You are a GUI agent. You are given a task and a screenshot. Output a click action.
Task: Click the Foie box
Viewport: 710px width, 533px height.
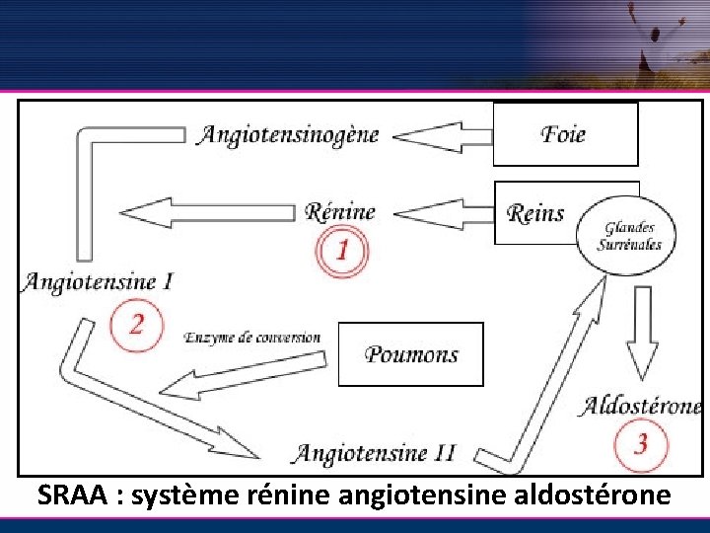pyautogui.click(x=565, y=133)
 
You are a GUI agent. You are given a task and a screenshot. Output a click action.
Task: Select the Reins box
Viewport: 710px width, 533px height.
pyautogui.click(x=537, y=212)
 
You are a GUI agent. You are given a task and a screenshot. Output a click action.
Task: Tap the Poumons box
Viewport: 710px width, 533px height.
pyautogui.click(x=410, y=353)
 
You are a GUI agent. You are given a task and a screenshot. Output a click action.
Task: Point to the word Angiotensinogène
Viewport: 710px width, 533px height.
pyautogui.click(x=288, y=134)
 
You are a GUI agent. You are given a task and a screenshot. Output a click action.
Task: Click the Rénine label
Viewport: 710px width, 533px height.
pyautogui.click(x=340, y=211)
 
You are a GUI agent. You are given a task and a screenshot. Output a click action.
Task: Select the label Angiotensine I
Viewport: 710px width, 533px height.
pyautogui.click(x=98, y=281)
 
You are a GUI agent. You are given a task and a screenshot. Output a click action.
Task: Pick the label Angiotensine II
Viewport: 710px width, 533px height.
pyautogui.click(x=376, y=453)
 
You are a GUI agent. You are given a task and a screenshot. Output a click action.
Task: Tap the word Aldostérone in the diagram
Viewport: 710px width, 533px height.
pyautogui.click(x=641, y=406)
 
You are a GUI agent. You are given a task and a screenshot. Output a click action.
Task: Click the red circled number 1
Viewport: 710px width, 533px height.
pyautogui.click(x=341, y=250)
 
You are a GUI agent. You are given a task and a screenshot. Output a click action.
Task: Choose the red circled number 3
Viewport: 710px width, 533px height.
pyautogui.click(x=640, y=444)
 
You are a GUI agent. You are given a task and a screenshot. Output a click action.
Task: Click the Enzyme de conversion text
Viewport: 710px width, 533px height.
pyautogui.click(x=252, y=338)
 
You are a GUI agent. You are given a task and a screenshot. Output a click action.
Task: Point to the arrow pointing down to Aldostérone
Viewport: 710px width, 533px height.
pyautogui.click(x=643, y=332)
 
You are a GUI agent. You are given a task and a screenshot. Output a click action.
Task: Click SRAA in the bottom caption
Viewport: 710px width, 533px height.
pyautogui.click(x=72, y=496)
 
